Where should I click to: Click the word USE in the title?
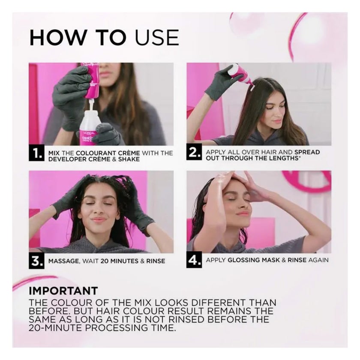(157, 37)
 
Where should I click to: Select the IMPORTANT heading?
(63, 291)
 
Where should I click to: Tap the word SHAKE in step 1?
(129, 159)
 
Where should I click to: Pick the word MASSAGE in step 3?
(63, 261)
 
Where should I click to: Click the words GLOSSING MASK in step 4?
(254, 260)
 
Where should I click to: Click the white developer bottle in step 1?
(89, 127)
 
